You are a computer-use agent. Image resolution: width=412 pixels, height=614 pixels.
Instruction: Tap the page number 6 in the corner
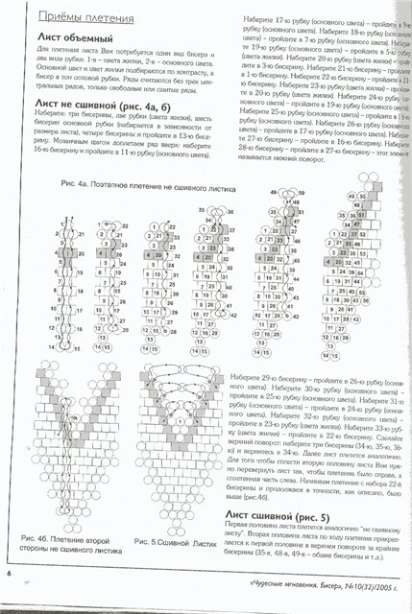click(x=8, y=601)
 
